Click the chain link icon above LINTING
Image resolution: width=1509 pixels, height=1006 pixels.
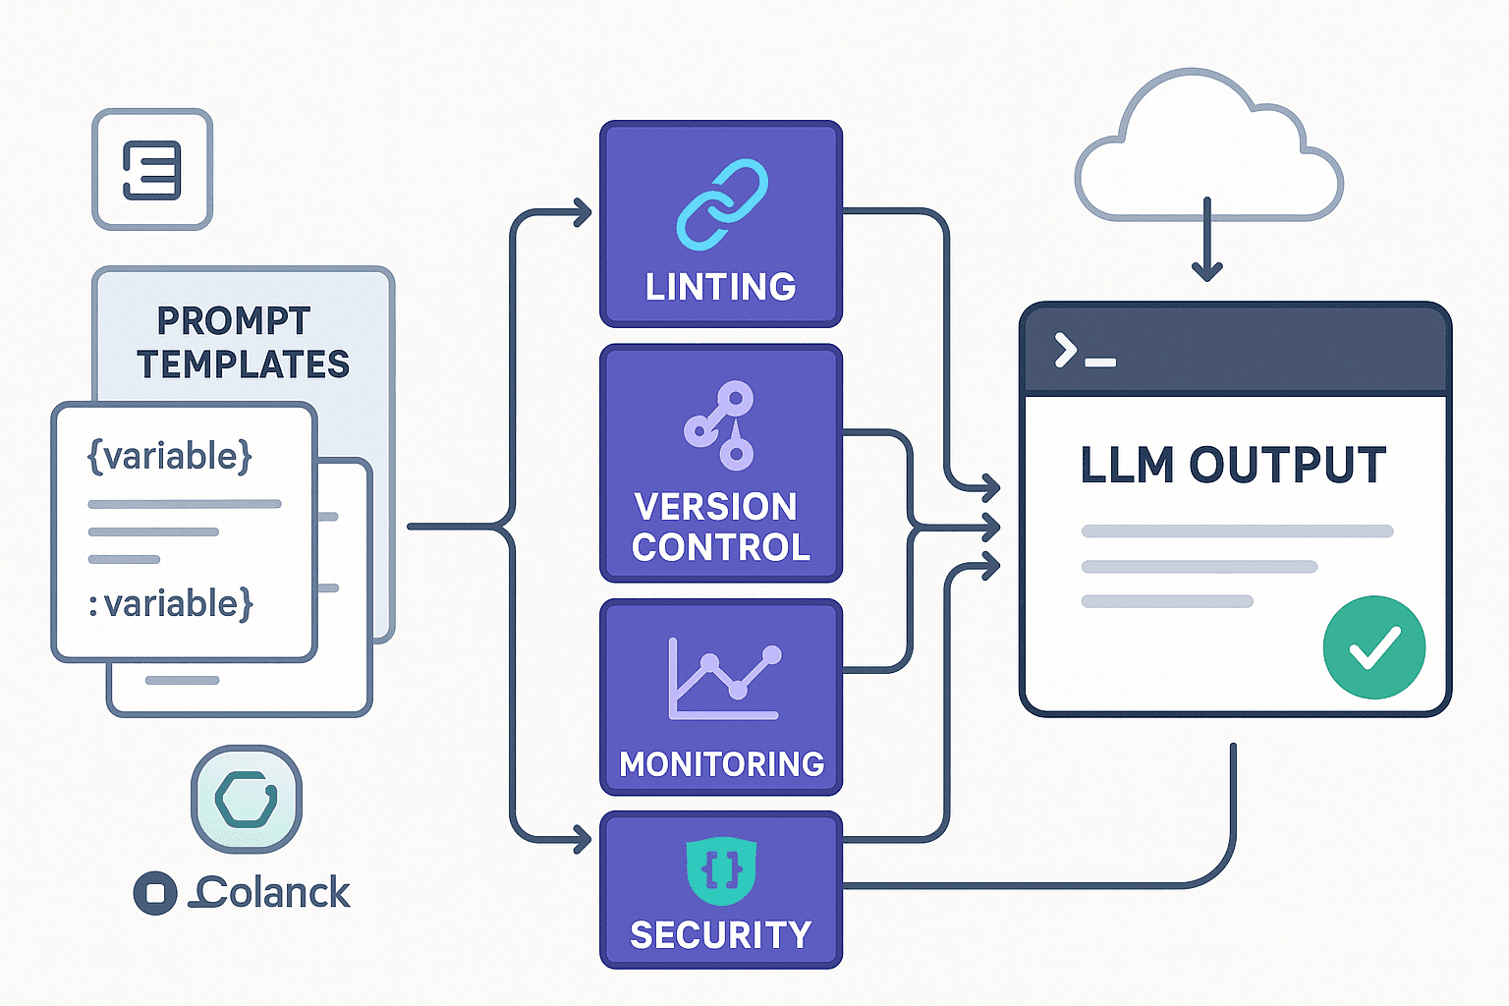coord(722,204)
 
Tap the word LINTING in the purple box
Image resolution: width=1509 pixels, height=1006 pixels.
coord(720,287)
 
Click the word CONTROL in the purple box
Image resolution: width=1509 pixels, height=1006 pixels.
coord(721,547)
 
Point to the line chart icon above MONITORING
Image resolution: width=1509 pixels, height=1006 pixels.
coord(725,679)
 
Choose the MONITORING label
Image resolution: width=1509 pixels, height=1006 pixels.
coord(721,764)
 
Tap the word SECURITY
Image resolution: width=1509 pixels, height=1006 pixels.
coord(721,935)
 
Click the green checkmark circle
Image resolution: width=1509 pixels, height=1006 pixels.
coord(1373,647)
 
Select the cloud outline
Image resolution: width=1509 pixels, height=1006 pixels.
coord(1208,147)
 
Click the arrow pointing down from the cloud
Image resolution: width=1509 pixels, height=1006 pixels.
coord(1206,246)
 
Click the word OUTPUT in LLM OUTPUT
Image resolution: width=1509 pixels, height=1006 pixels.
coord(1287,465)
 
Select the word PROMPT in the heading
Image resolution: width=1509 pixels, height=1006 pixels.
coord(234,321)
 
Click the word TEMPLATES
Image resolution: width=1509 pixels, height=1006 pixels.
coord(243,364)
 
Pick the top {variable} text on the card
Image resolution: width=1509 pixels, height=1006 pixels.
coord(170,457)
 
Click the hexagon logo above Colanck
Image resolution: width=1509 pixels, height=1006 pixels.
coord(246,799)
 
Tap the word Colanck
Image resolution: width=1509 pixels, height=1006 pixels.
coord(273,893)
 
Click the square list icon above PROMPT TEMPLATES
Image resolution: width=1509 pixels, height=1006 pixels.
coord(152,169)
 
